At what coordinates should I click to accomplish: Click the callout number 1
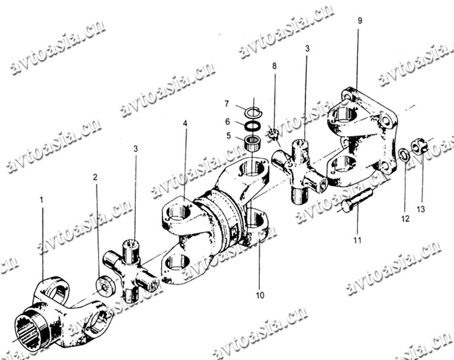tap(41, 200)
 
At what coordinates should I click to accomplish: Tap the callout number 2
tap(95, 177)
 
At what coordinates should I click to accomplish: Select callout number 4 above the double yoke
tap(185, 123)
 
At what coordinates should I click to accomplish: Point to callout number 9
tap(360, 20)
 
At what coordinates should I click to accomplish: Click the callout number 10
tap(260, 295)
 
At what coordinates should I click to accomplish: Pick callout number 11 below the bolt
tap(358, 240)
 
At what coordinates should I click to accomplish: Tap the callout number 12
tap(405, 219)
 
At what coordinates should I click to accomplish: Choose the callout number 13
tap(421, 209)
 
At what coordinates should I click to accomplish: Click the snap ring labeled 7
tap(254, 112)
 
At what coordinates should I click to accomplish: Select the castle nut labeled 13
tap(418, 146)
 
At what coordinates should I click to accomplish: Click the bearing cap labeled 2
tap(106, 286)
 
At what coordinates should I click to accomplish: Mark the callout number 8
tap(274, 66)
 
